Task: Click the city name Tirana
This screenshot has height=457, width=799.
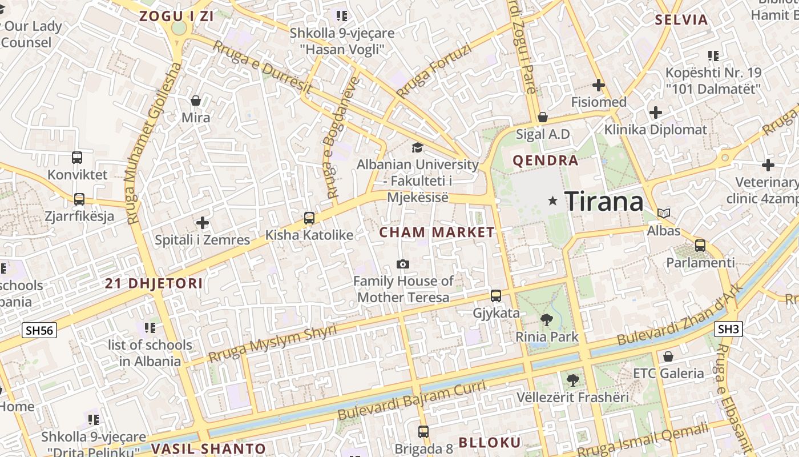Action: click(604, 202)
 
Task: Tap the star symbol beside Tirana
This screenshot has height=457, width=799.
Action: click(552, 201)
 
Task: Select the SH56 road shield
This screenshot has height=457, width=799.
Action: click(39, 330)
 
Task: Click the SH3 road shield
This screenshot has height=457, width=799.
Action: click(728, 329)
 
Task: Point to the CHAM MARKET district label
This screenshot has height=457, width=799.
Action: click(437, 232)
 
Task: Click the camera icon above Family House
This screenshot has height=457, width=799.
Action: click(403, 264)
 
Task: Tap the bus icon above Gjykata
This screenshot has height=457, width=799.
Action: click(496, 296)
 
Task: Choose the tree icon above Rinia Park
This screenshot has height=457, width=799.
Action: click(546, 320)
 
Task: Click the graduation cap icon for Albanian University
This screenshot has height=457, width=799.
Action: click(417, 148)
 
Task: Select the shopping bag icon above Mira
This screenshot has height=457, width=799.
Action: click(196, 101)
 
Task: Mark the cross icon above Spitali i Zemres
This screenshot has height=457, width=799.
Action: click(203, 223)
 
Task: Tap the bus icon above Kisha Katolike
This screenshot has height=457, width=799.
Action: click(309, 218)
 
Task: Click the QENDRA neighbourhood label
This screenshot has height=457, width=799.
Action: click(546, 161)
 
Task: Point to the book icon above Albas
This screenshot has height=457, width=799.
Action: click(663, 214)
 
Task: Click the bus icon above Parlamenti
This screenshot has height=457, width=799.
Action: click(700, 246)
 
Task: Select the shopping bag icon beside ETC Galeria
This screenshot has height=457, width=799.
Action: click(668, 356)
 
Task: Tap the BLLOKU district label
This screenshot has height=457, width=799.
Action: click(490, 443)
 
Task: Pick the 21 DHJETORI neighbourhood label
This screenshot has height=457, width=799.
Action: click(154, 284)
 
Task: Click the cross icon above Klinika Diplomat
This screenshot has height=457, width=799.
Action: click(656, 113)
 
